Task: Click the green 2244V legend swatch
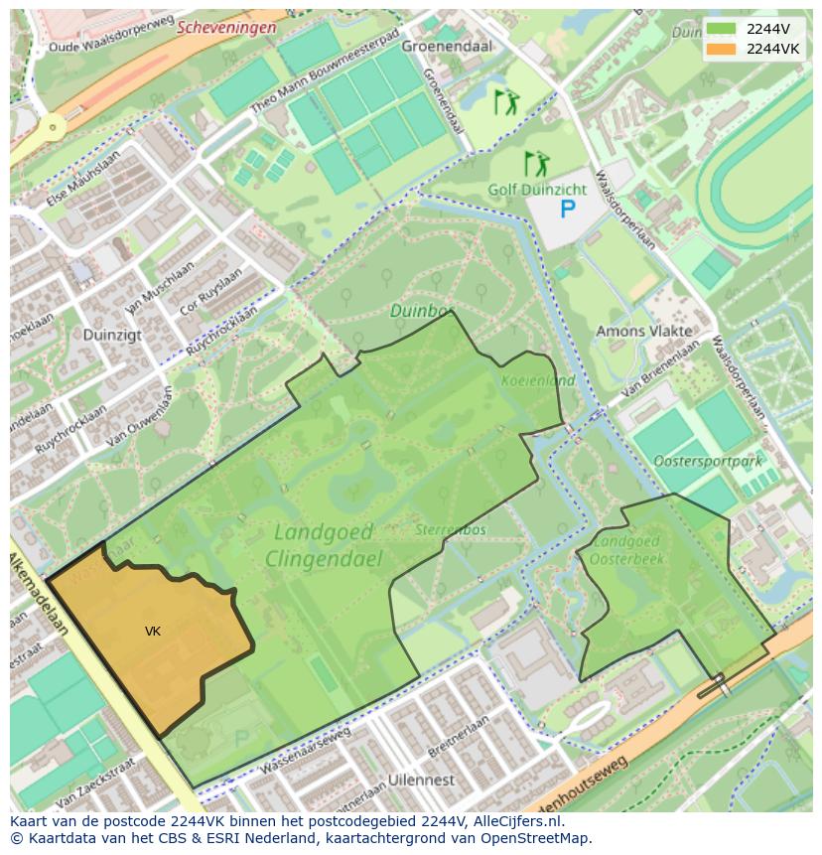pyautogui.click(x=723, y=29)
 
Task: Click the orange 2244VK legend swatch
pyautogui.click(x=723, y=49)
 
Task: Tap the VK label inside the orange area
pyautogui.click(x=153, y=632)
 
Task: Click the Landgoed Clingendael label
pyautogui.click(x=324, y=545)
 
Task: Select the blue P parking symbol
pyautogui.click(x=567, y=209)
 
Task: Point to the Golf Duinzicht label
pyautogui.click(x=537, y=189)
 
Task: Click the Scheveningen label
pyautogui.click(x=226, y=28)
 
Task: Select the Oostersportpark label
pyautogui.click(x=708, y=461)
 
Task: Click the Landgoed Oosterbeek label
pyautogui.click(x=626, y=550)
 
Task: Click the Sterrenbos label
pyautogui.click(x=451, y=529)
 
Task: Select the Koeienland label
pyautogui.click(x=539, y=379)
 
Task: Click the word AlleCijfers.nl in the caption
pyautogui.click(x=515, y=821)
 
